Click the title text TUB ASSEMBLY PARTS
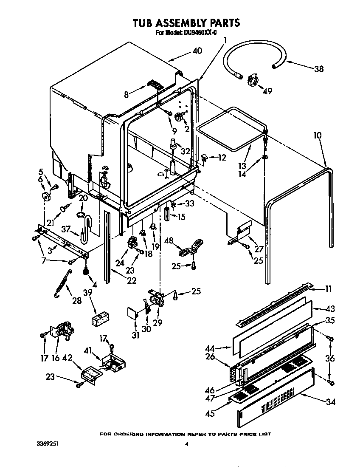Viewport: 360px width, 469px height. (186, 23)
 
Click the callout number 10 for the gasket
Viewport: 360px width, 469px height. (318, 136)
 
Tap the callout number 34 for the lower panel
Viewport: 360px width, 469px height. (330, 401)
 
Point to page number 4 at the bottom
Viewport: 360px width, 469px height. (186, 445)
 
